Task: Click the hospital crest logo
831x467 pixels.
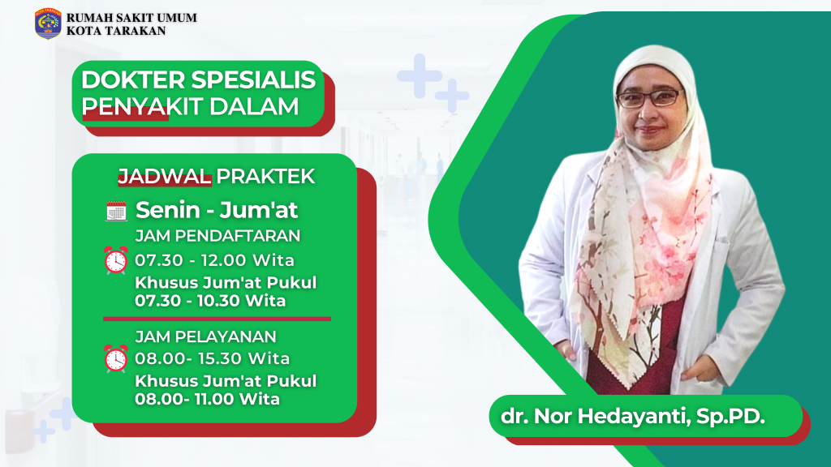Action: click(x=48, y=24)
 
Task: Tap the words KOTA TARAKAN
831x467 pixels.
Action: click(x=117, y=31)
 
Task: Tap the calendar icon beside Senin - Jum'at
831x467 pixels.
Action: click(x=116, y=212)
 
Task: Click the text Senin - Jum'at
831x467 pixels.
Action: click(x=217, y=211)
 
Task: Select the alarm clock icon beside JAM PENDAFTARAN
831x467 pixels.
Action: click(x=116, y=261)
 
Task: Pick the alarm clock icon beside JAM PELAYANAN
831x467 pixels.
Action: click(x=116, y=358)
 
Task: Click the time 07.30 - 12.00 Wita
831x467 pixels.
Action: click(x=214, y=260)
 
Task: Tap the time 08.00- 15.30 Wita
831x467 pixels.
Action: click(x=213, y=358)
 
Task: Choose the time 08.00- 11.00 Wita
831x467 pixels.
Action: click(x=208, y=399)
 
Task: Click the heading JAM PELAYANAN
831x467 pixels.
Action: click(x=206, y=336)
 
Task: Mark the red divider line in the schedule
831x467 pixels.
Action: click(x=217, y=319)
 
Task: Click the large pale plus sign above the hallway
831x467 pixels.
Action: click(x=420, y=76)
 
